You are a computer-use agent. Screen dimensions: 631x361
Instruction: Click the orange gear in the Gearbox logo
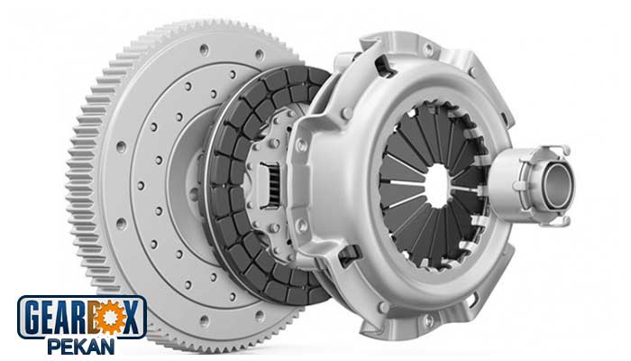109,318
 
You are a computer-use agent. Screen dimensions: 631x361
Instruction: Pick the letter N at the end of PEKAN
106,347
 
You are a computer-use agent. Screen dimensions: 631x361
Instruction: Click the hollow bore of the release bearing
557,186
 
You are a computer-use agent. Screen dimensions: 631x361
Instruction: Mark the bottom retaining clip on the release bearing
557,221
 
